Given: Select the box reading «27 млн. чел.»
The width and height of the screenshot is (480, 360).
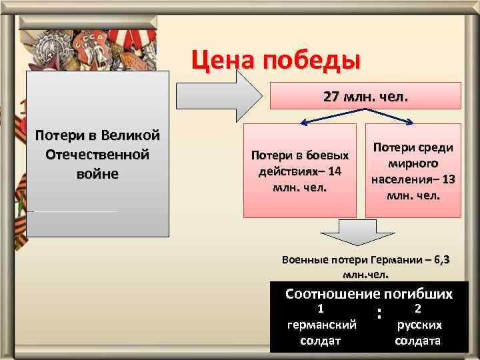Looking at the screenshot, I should pyautogui.click(x=365, y=96).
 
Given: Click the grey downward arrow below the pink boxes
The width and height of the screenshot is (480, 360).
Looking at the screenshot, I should pyautogui.click(x=351, y=237).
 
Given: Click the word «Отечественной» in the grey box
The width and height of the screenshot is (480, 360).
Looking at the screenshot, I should pyautogui.click(x=97, y=155).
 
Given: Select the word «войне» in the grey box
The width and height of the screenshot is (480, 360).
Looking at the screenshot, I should pyautogui.click(x=97, y=174).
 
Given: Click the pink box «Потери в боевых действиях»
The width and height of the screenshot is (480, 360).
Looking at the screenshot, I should pyautogui.click(x=299, y=171).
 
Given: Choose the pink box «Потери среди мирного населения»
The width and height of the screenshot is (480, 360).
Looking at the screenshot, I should pyautogui.click(x=413, y=171).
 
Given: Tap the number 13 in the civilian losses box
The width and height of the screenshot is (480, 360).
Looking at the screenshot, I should pyautogui.click(x=448, y=179).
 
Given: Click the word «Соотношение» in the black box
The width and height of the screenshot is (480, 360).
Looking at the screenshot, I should pyautogui.click(x=328, y=294).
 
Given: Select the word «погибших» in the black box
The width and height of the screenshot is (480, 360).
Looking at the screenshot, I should pyautogui.click(x=419, y=294).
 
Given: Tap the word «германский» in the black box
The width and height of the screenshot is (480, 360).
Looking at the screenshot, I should pyautogui.click(x=321, y=325).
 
